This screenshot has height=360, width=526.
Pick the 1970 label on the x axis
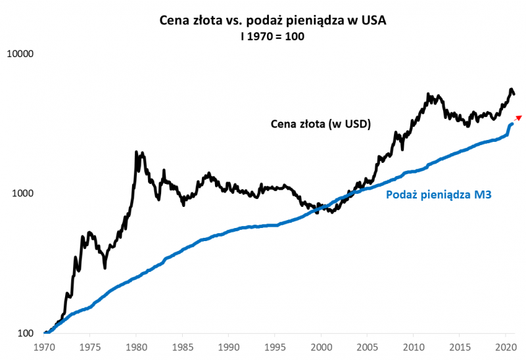coord(44,346)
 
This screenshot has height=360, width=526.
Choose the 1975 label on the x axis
coord(90,346)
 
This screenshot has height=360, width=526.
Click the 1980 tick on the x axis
coord(136,346)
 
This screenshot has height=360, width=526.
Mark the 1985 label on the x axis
coord(182,346)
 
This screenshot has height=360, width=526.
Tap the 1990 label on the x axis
coord(228,346)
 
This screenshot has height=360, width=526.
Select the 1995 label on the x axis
coord(275,346)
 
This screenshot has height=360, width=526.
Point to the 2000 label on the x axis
coord(321,346)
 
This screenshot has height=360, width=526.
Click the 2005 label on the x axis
coord(367,346)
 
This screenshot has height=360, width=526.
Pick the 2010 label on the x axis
coord(413,346)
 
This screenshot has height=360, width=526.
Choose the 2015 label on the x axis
coord(459,346)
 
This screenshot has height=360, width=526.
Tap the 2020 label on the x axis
coord(505,346)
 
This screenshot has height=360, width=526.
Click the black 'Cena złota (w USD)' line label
coord(321,124)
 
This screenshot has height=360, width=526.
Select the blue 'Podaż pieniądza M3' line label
coord(439,194)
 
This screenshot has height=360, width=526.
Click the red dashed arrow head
coord(519,117)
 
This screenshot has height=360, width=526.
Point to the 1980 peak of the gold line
coord(136,152)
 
